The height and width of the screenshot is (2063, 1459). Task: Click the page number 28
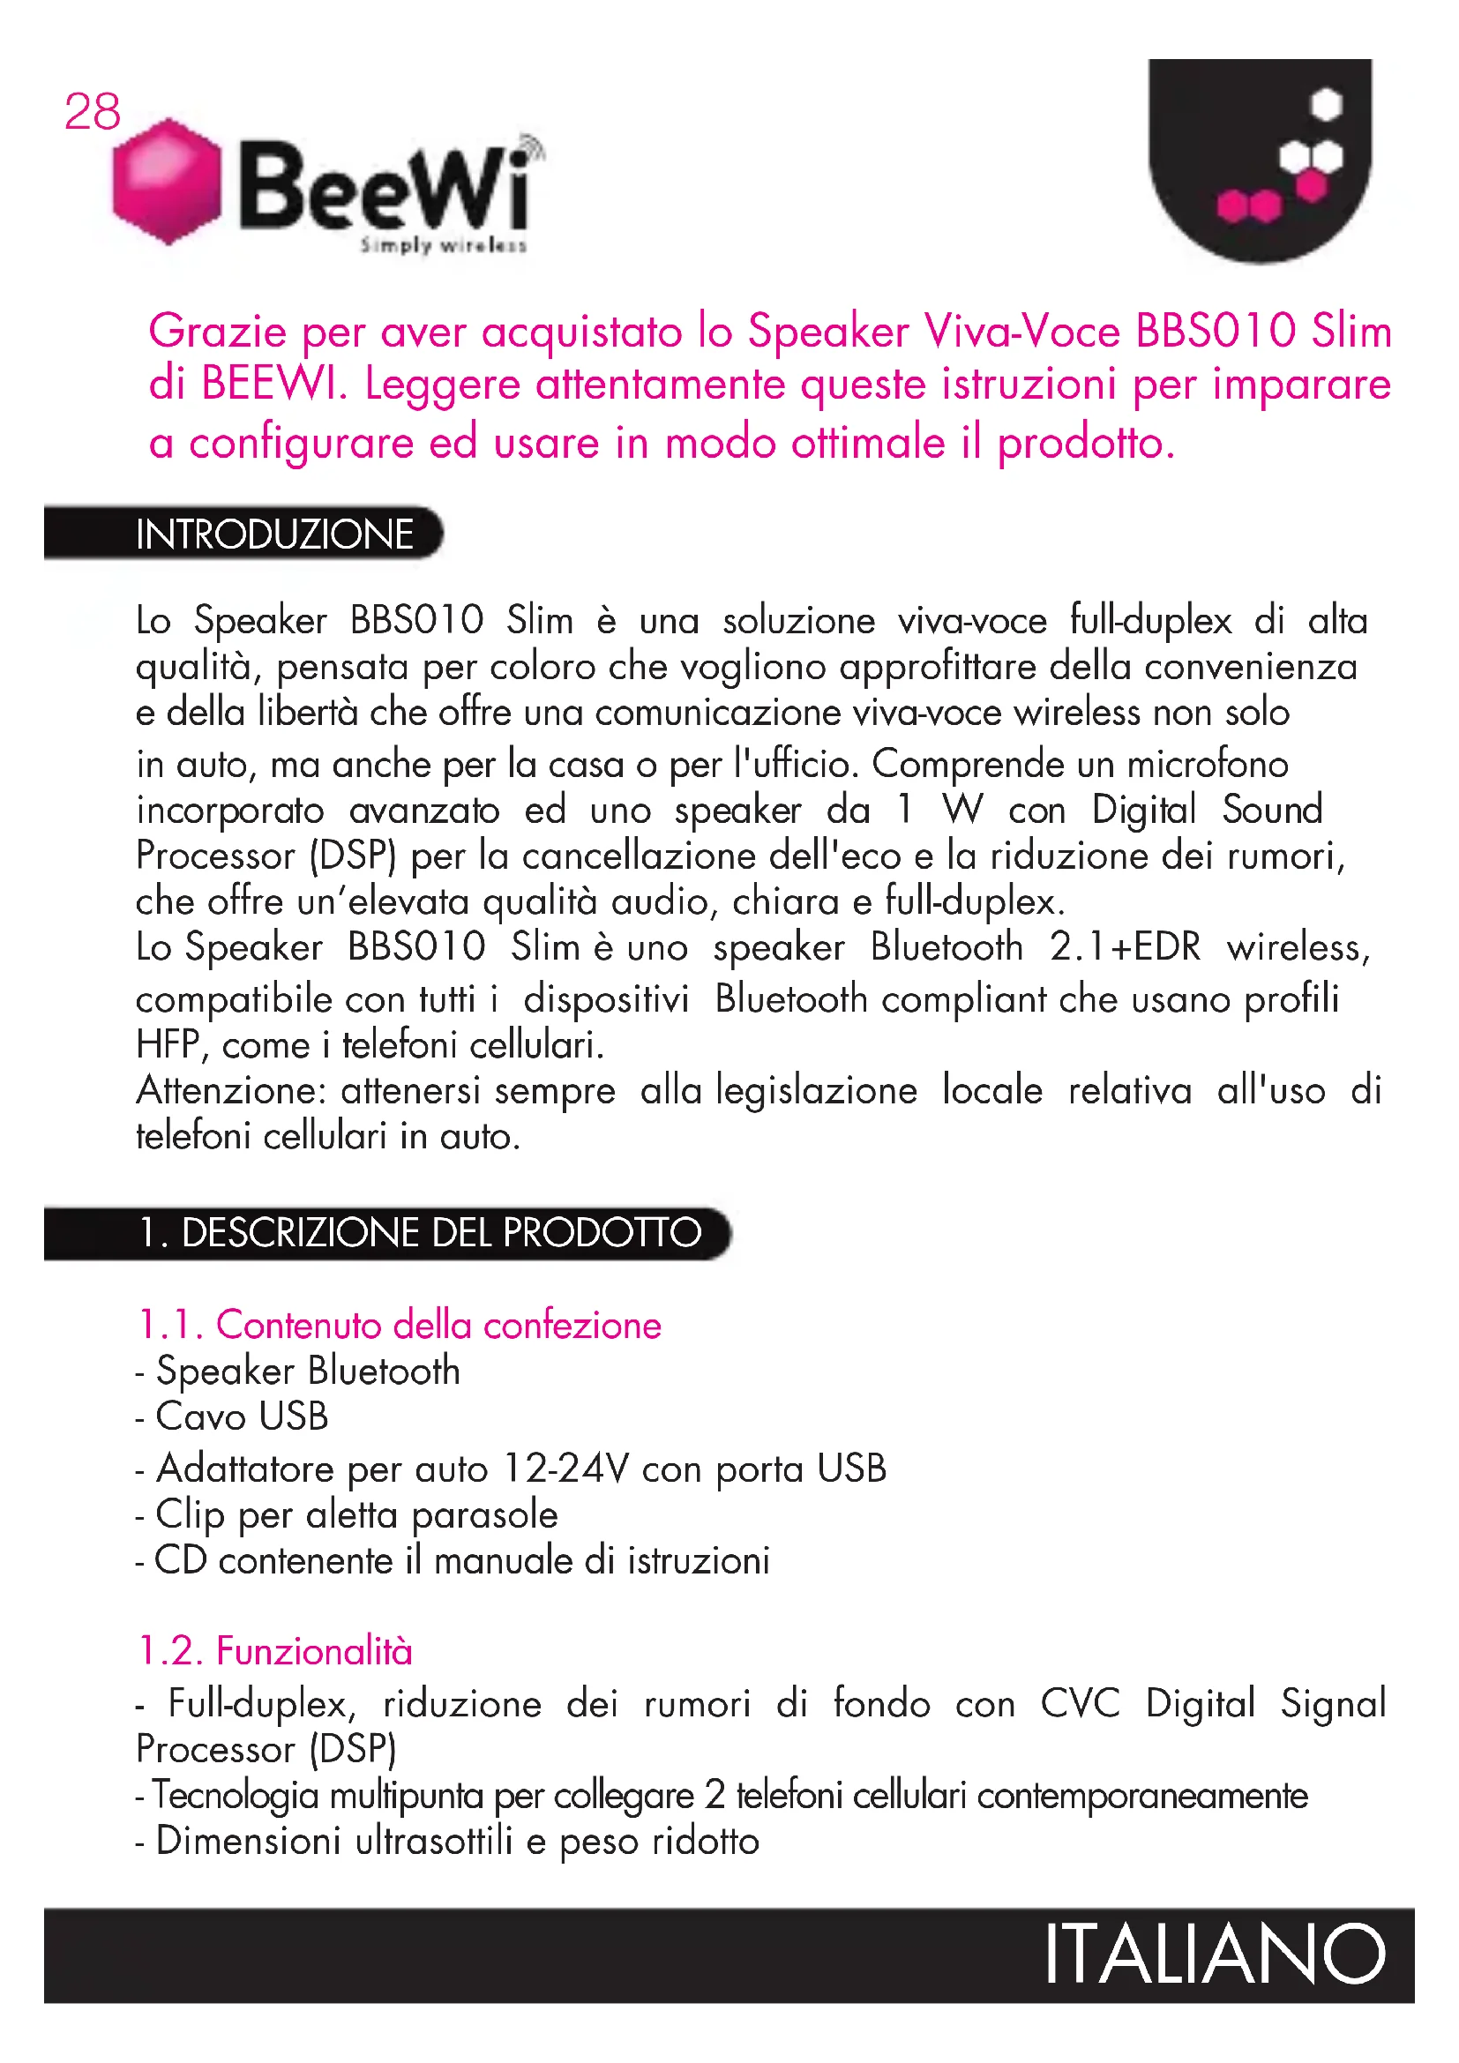pyautogui.click(x=92, y=112)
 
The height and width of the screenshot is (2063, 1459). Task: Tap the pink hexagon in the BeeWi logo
pyautogui.click(x=166, y=182)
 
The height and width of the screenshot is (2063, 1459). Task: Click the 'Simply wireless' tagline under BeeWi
pyautogui.click(x=443, y=245)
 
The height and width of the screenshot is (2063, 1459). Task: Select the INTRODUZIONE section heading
pyautogui.click(x=274, y=534)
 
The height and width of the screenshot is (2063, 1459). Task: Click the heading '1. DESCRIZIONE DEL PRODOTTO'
pyautogui.click(x=420, y=1233)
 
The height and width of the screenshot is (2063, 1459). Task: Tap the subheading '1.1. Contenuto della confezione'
pyautogui.click(x=400, y=1326)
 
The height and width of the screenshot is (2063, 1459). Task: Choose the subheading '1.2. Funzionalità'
pyautogui.click(x=275, y=1651)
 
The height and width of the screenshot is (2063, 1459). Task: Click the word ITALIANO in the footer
pyautogui.click(x=1215, y=1955)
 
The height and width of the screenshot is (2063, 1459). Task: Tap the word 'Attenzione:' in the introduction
pyautogui.click(x=231, y=1091)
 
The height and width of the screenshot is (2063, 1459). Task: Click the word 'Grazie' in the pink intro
pyautogui.click(x=217, y=332)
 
